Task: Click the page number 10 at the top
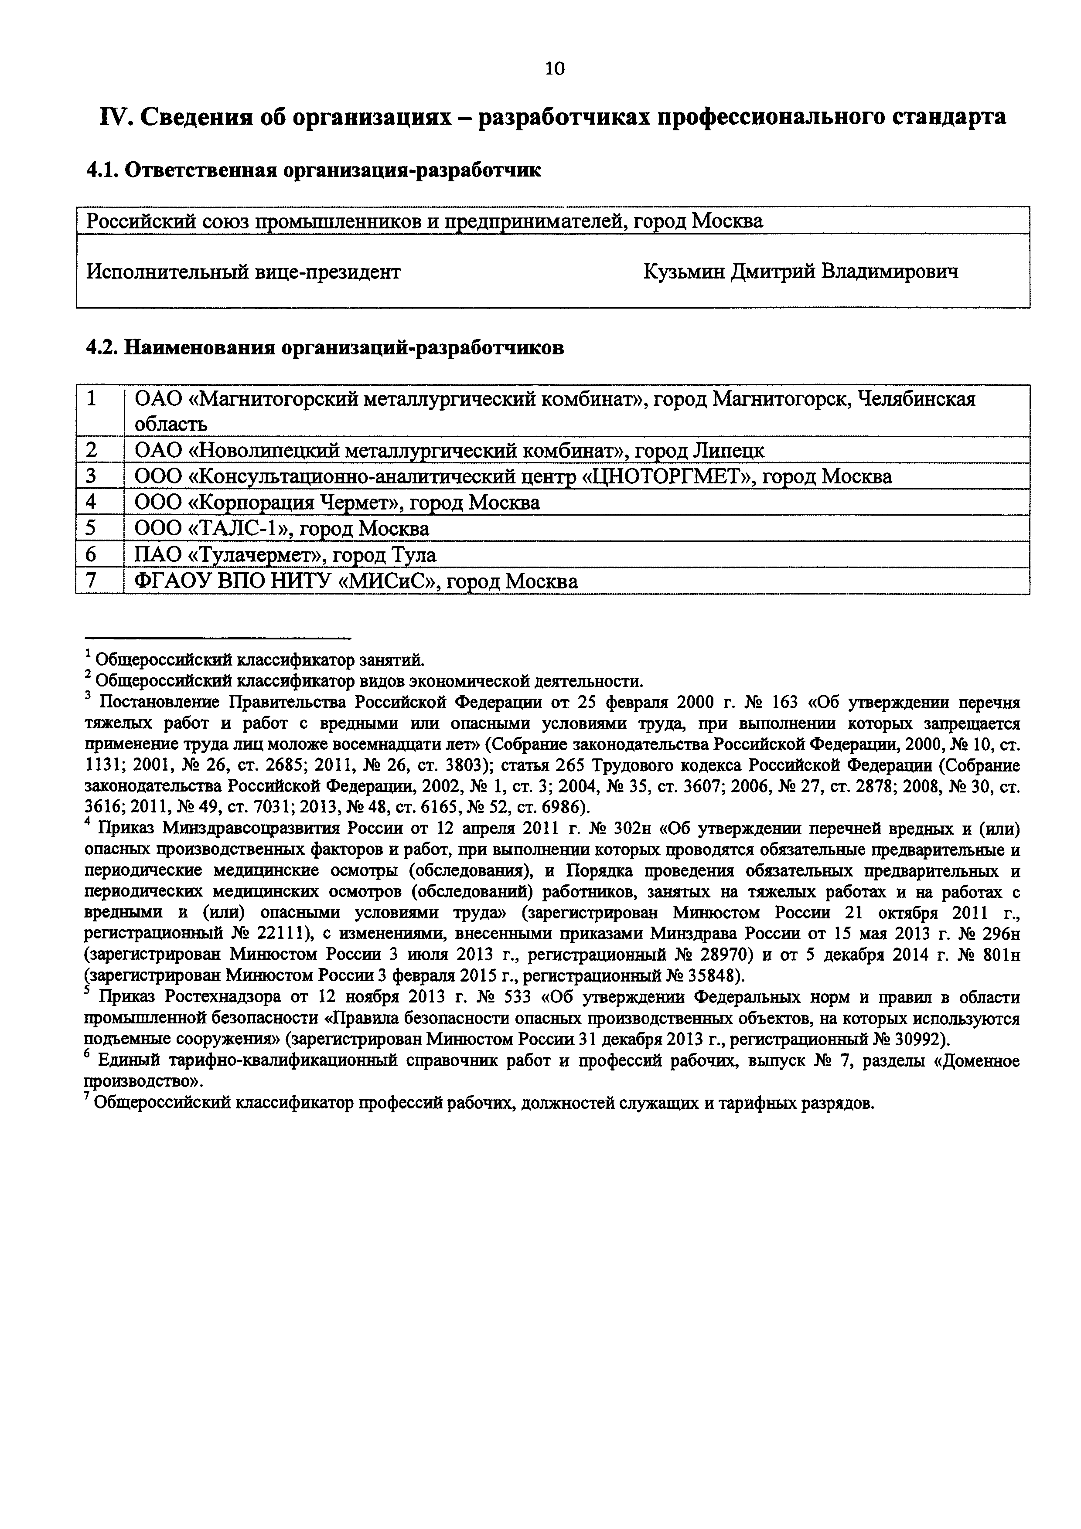pos(554,68)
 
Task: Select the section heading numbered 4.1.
pos(314,170)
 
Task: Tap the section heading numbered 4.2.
pos(325,348)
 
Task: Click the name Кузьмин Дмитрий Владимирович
pos(801,272)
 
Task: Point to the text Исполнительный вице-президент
pos(244,272)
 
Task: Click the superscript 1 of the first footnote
pos(88,655)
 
